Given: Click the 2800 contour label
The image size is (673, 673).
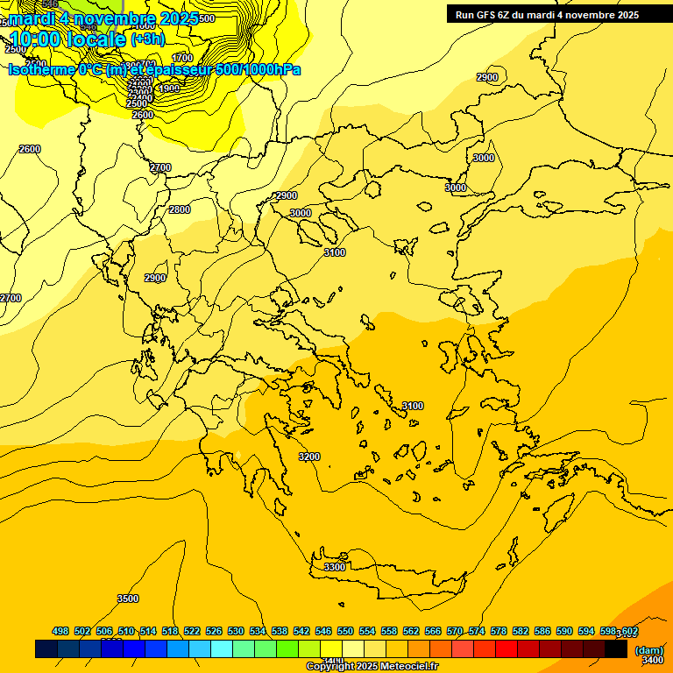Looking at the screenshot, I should (180, 209).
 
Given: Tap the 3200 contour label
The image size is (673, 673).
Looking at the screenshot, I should (309, 457).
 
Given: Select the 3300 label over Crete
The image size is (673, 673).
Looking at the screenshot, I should (335, 567).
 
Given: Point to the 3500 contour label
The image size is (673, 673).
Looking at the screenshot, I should (128, 599).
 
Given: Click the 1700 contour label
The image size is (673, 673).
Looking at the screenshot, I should (183, 58).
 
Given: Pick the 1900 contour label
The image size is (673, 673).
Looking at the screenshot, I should (169, 88).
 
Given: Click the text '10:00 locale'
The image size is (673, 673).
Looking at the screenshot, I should (67, 39).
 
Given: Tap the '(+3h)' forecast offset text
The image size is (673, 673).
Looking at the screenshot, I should (147, 39).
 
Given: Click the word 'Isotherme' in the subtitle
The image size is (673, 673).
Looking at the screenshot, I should (40, 69).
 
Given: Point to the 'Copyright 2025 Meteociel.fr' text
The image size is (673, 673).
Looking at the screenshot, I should (372, 667).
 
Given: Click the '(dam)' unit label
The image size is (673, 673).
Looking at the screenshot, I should (648, 649).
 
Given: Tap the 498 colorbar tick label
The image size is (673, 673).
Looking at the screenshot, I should (60, 631).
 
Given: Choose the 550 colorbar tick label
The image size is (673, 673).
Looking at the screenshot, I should (345, 631).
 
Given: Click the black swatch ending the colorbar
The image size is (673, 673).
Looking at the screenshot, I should (616, 648).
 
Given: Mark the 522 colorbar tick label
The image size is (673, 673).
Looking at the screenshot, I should (192, 631).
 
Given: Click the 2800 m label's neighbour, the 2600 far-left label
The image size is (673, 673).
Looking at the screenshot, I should (30, 149).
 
